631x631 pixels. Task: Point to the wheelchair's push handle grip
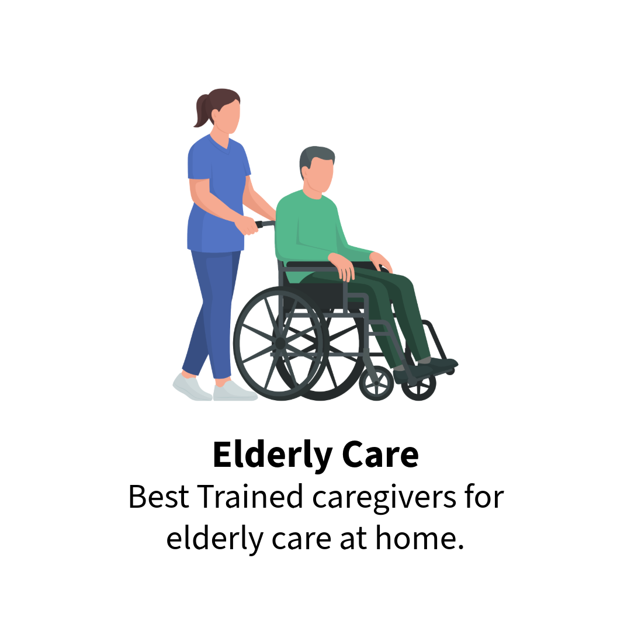pos(265,224)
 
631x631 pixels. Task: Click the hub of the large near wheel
pos(280,344)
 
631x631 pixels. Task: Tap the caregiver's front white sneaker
pos(234,390)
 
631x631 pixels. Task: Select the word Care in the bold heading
pos(380,455)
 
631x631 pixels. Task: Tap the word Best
pos(158,497)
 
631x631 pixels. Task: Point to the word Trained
pos(250,497)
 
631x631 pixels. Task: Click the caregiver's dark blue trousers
pos(211,314)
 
